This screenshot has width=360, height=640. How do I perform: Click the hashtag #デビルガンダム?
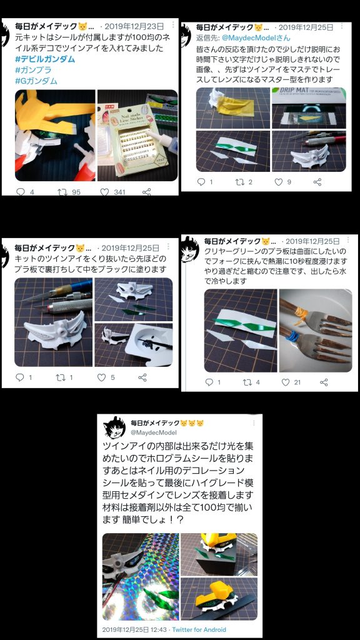click(x=45, y=59)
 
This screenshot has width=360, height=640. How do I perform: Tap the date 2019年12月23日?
click(x=134, y=26)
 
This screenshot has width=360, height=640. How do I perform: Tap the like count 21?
click(x=297, y=382)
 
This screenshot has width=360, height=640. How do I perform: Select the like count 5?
click(x=112, y=377)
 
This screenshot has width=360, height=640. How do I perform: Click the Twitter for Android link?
click(x=199, y=629)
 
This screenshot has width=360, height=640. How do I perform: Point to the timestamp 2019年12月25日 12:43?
click(x=135, y=629)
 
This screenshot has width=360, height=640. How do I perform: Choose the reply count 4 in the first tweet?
click(x=31, y=192)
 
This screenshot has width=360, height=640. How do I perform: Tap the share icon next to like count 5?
click(x=142, y=377)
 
